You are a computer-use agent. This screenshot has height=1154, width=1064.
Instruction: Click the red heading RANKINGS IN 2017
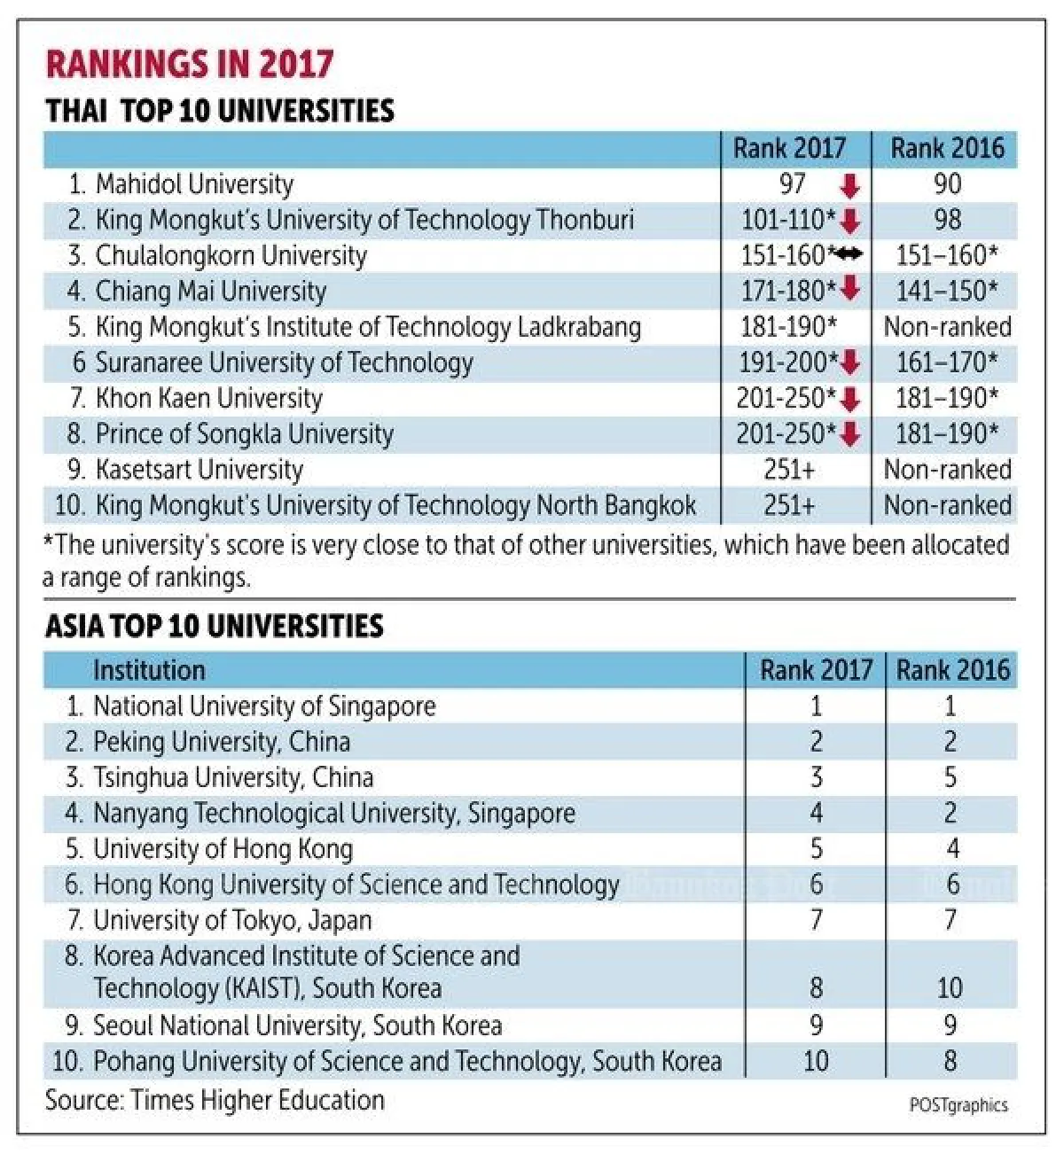click(190, 65)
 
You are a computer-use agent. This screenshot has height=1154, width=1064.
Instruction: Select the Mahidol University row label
click(193, 184)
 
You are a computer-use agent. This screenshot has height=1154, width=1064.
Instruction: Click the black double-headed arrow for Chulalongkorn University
click(849, 255)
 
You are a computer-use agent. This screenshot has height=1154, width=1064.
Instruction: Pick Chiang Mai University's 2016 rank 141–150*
click(947, 291)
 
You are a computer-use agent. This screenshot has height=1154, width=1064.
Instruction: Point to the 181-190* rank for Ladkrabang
click(788, 327)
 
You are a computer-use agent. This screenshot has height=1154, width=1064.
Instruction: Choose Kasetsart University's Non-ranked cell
click(947, 470)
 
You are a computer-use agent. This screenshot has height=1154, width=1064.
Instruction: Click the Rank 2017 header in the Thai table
click(789, 148)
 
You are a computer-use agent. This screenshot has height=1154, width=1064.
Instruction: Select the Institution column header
click(149, 670)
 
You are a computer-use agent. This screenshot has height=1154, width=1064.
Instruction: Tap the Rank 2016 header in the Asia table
click(952, 670)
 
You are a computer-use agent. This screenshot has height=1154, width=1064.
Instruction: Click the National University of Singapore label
click(264, 706)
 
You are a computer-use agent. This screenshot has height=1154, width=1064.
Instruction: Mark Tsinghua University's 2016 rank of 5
click(951, 778)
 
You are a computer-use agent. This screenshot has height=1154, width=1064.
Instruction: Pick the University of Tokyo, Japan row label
click(232, 921)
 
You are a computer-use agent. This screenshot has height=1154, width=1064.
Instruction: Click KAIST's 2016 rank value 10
click(950, 988)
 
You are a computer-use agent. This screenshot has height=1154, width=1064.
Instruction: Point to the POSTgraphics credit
click(958, 1105)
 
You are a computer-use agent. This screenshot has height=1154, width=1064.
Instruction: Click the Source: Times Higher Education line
click(215, 1101)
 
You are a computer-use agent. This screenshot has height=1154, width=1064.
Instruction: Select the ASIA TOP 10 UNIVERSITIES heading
click(214, 627)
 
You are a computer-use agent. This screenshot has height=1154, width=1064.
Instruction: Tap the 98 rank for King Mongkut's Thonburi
click(947, 220)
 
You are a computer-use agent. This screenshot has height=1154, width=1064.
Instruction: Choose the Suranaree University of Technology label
click(284, 363)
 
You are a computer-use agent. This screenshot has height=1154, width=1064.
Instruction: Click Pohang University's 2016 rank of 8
click(951, 1061)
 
